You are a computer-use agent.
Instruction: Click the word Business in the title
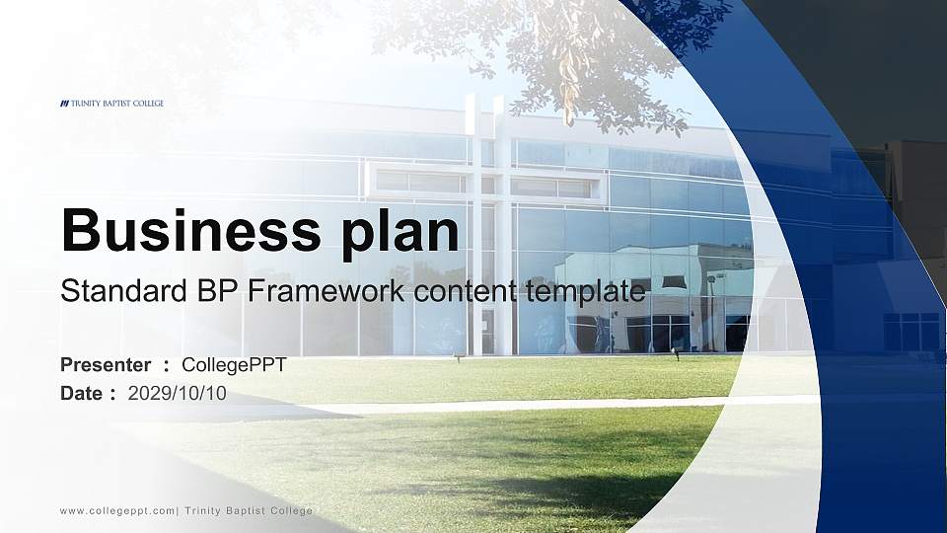pos(184,231)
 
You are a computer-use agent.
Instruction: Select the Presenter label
pos(106,365)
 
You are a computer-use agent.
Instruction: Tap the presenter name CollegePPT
pos(234,365)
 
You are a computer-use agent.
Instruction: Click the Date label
pos(82,393)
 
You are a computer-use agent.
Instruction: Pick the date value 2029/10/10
pos(178,393)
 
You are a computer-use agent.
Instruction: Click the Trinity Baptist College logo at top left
pos(111,103)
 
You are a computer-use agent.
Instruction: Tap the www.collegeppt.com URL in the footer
pos(117,510)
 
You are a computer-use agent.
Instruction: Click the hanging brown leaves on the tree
pos(569,59)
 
